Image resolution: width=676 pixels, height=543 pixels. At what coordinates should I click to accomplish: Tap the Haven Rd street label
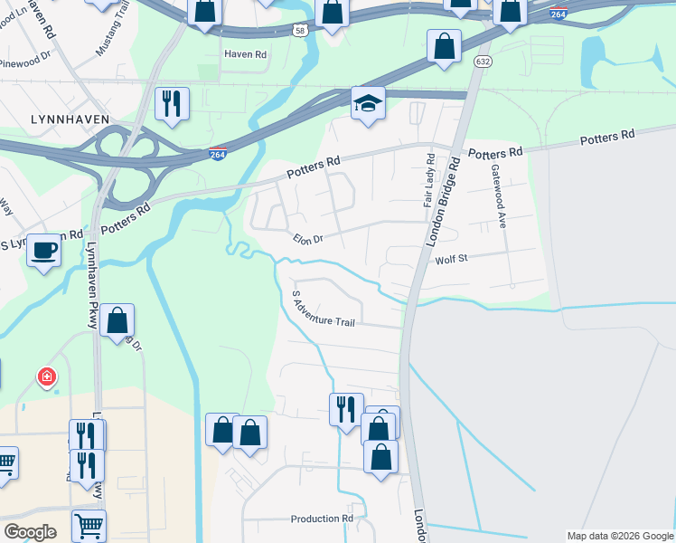246,54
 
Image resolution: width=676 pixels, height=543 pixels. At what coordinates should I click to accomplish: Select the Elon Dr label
307,239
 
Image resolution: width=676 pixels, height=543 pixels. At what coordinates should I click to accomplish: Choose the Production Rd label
321,519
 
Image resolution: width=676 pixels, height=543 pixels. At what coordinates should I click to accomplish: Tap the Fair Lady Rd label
429,180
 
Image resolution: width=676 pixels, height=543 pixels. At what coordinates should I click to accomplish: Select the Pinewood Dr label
26,63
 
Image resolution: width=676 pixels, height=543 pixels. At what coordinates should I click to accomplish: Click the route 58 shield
299,30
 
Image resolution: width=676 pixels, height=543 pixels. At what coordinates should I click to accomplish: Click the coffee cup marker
43,251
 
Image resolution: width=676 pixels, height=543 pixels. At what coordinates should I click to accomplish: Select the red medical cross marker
44,376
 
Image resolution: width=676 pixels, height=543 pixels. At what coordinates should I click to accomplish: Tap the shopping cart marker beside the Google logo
89,525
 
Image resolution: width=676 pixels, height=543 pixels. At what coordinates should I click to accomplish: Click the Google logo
30,532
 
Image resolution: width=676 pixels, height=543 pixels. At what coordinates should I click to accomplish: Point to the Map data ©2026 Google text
619,536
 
